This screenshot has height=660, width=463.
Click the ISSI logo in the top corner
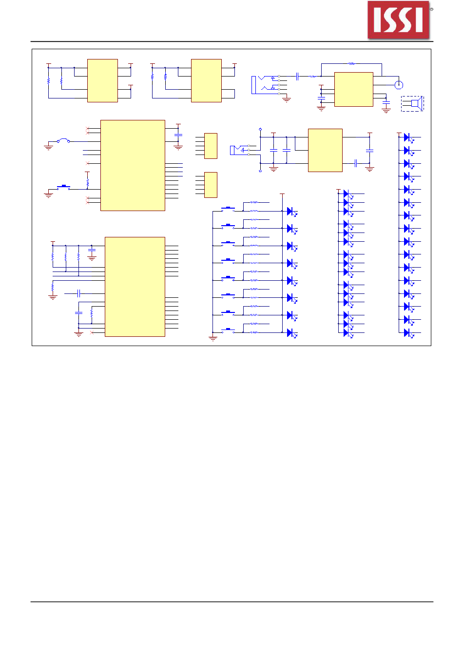(399, 20)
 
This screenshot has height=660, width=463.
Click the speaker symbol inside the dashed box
(415, 103)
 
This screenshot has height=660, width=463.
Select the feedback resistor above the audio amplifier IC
(351, 63)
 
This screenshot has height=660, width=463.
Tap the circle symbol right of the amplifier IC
(398, 85)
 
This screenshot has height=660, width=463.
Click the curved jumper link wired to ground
(63, 140)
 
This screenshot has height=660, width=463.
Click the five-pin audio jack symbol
(266, 85)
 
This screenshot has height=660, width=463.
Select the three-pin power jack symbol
(239, 150)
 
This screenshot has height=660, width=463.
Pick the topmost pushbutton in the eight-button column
(228, 209)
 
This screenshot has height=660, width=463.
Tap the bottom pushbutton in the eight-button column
(228, 330)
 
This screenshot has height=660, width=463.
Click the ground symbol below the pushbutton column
(213, 338)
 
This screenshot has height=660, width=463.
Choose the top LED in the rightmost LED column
(407, 137)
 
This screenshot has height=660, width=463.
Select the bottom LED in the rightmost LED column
(407, 332)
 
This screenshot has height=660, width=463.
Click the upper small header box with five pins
(211, 146)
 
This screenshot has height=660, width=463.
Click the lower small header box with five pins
(211, 185)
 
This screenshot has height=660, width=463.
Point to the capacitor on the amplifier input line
(297, 76)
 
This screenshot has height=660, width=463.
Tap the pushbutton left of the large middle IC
(63, 187)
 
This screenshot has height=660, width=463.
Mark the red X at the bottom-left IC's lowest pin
(93, 333)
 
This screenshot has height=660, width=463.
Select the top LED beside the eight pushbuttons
(290, 211)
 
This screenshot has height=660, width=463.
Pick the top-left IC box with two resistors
(102, 80)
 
